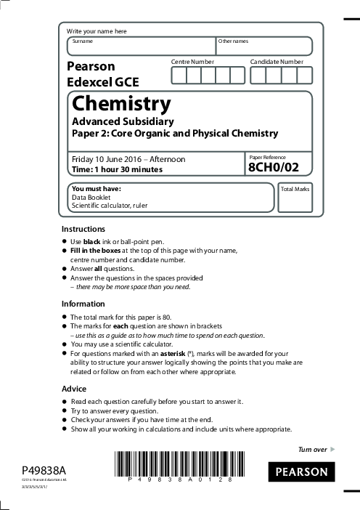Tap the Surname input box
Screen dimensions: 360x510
(x=141, y=46)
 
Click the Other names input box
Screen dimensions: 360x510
(x=264, y=46)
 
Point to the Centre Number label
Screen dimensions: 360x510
(x=192, y=62)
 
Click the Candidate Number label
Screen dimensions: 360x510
(x=277, y=62)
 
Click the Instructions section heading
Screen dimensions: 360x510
(x=83, y=229)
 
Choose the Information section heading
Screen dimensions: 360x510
(x=83, y=303)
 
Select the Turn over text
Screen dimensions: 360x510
(x=313, y=450)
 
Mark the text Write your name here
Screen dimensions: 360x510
(x=97, y=31)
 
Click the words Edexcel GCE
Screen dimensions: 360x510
(x=102, y=82)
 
